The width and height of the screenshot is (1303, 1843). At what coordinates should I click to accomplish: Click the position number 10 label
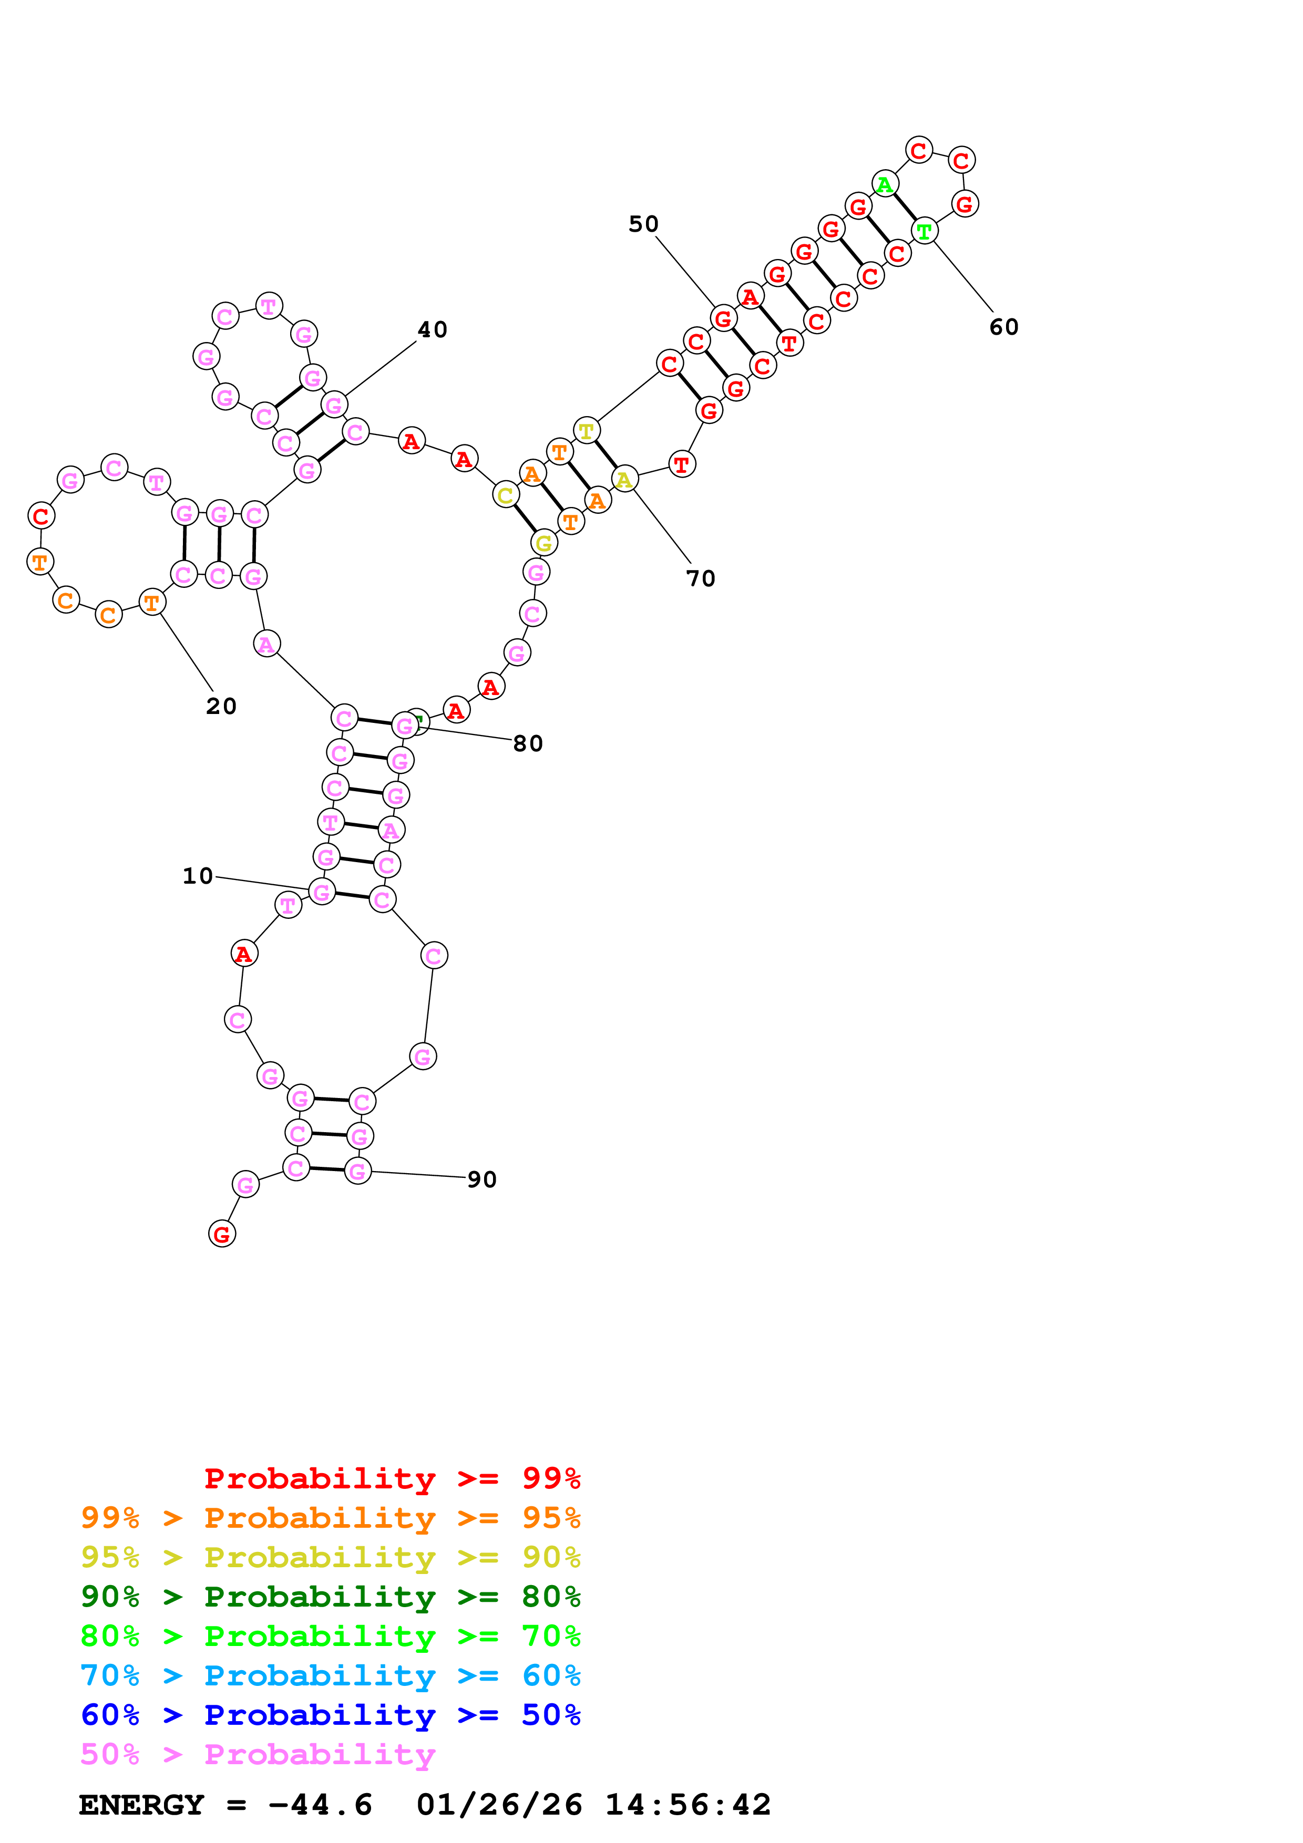[198, 876]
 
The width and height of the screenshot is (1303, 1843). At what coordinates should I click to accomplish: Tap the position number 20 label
[221, 707]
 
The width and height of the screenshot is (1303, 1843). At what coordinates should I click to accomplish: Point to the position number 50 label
[643, 224]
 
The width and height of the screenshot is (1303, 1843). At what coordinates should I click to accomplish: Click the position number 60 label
[1003, 327]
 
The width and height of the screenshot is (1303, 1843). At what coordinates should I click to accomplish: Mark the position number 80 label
[528, 743]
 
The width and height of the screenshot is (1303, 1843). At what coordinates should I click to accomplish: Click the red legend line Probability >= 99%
[392, 1478]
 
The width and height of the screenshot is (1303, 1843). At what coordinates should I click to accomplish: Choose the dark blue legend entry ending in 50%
[330, 1715]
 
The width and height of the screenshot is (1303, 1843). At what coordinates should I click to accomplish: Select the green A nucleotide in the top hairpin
[884, 184]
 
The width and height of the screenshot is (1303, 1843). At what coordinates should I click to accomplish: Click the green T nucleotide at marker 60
[924, 231]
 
